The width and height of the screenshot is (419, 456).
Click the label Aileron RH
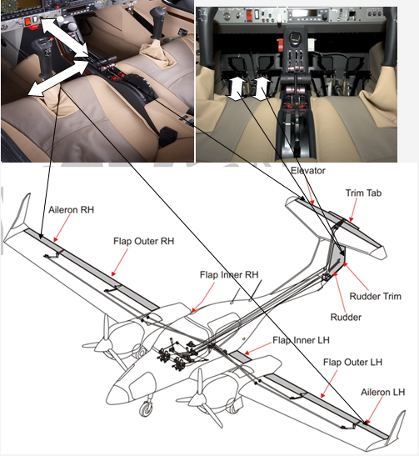tap(71, 210)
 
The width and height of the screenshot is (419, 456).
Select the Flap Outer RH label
tap(143, 241)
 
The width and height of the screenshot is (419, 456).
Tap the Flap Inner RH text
tap(229, 274)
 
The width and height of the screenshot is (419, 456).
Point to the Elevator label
tap(308, 170)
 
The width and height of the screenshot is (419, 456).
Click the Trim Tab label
tap(363, 193)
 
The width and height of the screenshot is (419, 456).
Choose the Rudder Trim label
tap(375, 296)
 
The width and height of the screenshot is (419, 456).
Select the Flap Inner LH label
tap(301, 340)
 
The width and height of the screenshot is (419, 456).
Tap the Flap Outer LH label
tap(352, 362)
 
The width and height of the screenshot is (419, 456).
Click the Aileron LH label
tap(382, 392)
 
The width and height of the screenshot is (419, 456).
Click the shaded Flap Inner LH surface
tap(240, 357)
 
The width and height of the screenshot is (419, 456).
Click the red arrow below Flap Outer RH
tap(120, 262)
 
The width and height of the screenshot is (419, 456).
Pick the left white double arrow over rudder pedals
tap(236, 88)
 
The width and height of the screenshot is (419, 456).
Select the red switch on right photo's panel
tap(249, 15)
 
